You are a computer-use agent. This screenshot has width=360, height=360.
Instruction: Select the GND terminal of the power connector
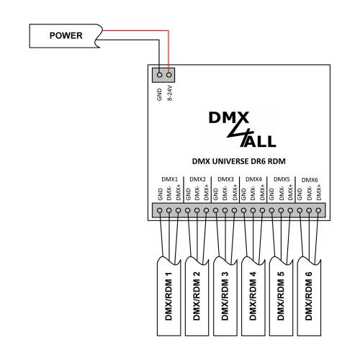tap(159, 74)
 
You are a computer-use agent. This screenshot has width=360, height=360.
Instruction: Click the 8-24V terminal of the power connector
tap(169, 74)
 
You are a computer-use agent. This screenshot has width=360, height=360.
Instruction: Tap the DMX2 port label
tap(197, 178)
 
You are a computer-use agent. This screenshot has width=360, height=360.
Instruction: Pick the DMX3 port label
tap(225, 178)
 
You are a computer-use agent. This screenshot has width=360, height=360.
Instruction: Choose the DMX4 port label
tap(253, 178)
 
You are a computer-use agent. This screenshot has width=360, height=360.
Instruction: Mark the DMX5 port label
tap(282, 178)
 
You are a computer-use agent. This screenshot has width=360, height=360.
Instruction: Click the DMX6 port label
tap(309, 178)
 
